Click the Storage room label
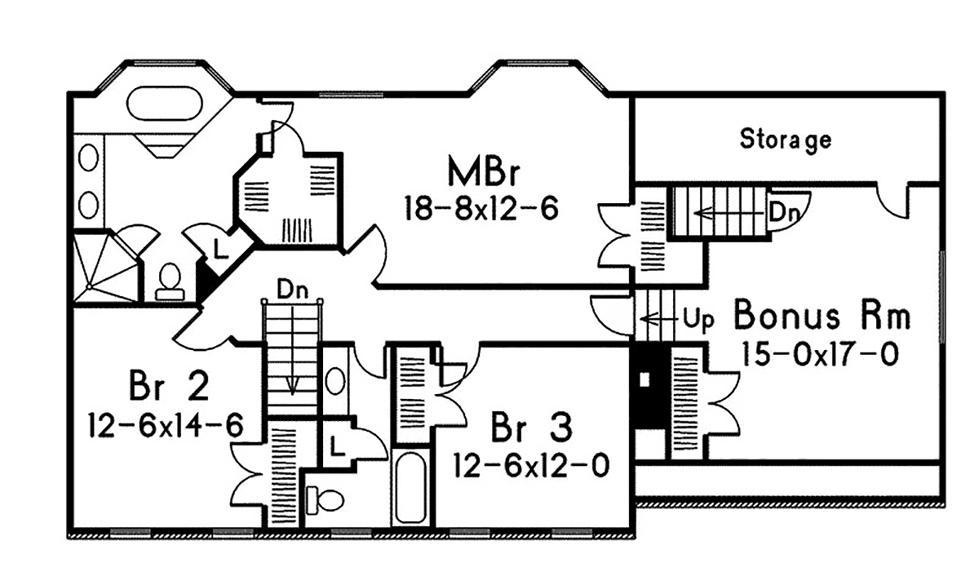[x=786, y=139]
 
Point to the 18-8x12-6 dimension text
[x=481, y=209]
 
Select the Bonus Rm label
[x=822, y=315]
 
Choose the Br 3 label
[x=531, y=427]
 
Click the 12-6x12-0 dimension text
[x=532, y=468]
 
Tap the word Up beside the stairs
[x=698, y=319]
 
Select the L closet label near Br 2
[x=336, y=446]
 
